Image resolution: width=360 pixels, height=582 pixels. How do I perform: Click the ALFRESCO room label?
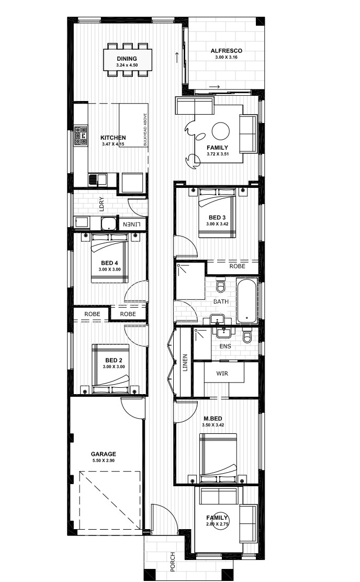[x=227, y=51]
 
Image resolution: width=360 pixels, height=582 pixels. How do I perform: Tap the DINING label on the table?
[x=127, y=59]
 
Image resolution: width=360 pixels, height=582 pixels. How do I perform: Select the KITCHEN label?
[x=113, y=138]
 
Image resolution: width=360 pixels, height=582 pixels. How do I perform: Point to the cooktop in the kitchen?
[x=81, y=136]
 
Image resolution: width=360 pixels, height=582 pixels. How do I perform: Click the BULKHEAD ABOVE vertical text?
[x=145, y=129]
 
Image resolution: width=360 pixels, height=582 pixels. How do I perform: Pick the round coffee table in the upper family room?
[x=221, y=131]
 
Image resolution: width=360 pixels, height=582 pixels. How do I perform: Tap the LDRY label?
[x=102, y=204]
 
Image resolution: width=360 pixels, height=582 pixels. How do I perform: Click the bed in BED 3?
[x=217, y=212]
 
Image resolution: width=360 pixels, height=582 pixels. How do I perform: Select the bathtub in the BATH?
[x=246, y=301]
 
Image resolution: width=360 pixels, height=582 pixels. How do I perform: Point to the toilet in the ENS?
[x=247, y=337]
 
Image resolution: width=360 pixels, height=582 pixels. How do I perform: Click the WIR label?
[x=222, y=373]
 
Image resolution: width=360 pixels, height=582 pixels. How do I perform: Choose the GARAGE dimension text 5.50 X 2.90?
[x=104, y=460]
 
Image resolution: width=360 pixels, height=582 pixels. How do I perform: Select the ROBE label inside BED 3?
[x=237, y=266]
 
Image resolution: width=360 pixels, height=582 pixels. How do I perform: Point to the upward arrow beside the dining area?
[x=177, y=57]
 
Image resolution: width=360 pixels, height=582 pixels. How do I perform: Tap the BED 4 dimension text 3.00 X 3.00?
[x=109, y=270]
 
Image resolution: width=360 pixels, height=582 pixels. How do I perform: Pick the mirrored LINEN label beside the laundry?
[x=132, y=225]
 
